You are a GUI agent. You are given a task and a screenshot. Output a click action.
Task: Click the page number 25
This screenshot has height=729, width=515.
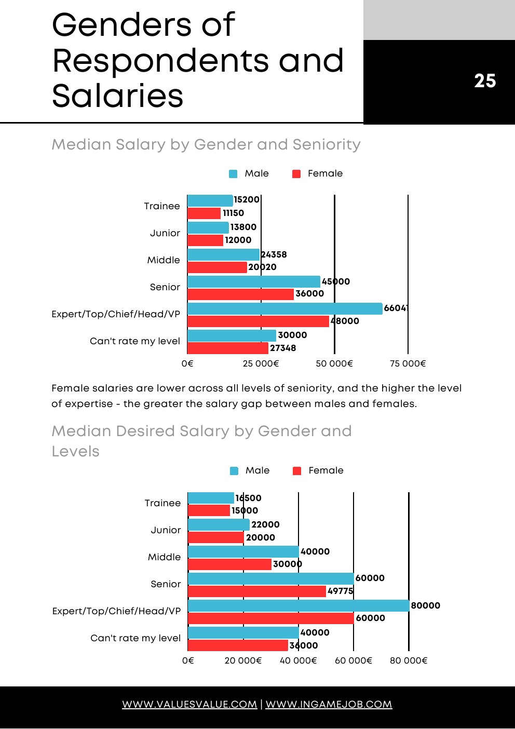click(x=485, y=81)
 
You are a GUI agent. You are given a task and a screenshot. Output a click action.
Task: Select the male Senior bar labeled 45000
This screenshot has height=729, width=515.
click(x=253, y=281)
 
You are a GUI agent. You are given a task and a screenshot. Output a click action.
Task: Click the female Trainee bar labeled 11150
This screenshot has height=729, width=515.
click(x=204, y=213)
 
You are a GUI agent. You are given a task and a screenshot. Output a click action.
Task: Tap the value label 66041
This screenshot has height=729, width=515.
click(x=396, y=308)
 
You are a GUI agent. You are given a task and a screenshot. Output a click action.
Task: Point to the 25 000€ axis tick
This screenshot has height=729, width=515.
click(x=261, y=363)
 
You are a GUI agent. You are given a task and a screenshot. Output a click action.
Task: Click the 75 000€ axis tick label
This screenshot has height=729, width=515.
click(x=408, y=363)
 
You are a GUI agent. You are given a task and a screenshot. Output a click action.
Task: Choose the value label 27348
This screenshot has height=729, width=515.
click(x=283, y=348)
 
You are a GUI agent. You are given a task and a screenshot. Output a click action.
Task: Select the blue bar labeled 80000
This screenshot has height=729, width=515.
click(x=299, y=605)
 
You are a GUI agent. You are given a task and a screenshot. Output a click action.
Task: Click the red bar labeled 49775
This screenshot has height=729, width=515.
click(x=256, y=591)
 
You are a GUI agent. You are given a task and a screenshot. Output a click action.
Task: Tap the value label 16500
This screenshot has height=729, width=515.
click(x=248, y=498)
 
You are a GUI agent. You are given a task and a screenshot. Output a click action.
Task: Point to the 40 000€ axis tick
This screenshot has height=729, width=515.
click(x=299, y=660)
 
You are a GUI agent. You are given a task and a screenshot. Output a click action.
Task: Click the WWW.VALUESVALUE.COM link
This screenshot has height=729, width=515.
click(x=189, y=705)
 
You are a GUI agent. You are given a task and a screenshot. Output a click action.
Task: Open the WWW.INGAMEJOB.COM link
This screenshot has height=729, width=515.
click(x=329, y=705)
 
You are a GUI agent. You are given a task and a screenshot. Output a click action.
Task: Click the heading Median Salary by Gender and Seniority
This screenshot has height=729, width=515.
click(x=206, y=144)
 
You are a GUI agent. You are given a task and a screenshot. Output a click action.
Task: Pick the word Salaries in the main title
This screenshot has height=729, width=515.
click(x=118, y=96)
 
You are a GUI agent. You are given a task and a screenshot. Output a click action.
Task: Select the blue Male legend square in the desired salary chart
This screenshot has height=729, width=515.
click(x=234, y=471)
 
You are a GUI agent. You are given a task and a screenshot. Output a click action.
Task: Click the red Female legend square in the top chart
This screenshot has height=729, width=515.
click(x=296, y=174)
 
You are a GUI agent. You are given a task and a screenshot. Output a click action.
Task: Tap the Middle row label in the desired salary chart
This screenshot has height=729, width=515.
click(x=164, y=557)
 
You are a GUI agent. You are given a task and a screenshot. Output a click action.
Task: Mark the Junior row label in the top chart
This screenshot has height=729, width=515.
click(x=165, y=233)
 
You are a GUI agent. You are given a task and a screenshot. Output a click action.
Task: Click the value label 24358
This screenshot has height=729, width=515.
click(x=274, y=254)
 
